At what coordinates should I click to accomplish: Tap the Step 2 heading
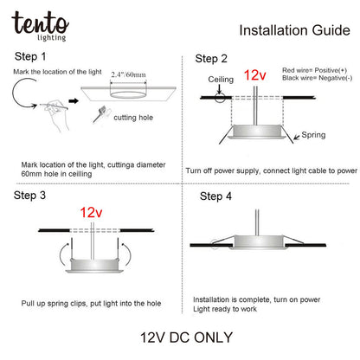pos(212,59)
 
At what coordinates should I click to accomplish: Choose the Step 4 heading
pos(215,196)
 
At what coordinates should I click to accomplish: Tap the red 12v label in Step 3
pos(93,212)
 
